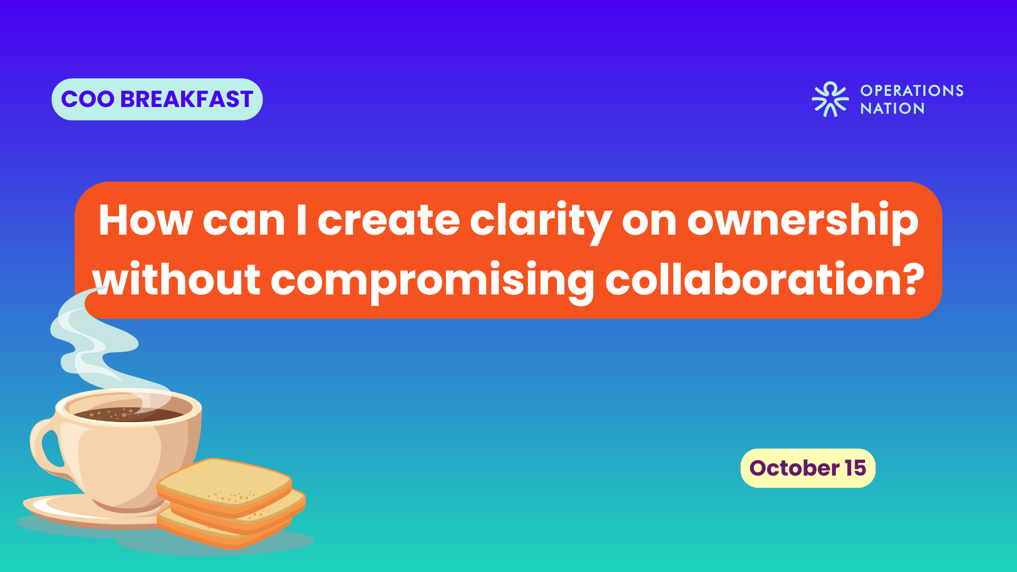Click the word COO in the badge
click(x=87, y=100)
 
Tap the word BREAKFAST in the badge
click(x=187, y=100)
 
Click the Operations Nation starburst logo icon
click(x=830, y=99)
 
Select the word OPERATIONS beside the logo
click(x=912, y=91)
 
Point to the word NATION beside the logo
click(x=893, y=109)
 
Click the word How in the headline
click(x=146, y=220)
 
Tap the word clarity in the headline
click(x=541, y=222)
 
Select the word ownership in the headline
click(x=802, y=222)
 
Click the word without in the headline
click(x=176, y=279)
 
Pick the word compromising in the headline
click(x=433, y=282)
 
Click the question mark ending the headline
click(x=913, y=279)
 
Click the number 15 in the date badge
click(x=855, y=468)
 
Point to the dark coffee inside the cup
click(x=130, y=414)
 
